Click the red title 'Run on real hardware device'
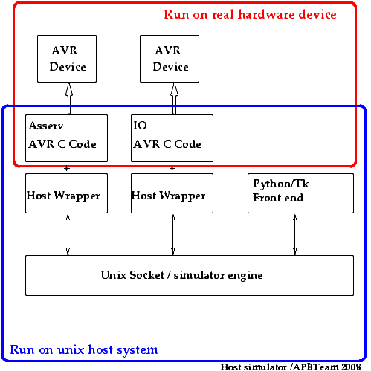[x=250, y=14]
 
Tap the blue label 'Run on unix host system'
[x=84, y=350]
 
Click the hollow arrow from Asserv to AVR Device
[x=69, y=98]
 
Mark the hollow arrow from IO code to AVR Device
[x=174, y=98]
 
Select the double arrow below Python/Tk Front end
[x=295, y=234]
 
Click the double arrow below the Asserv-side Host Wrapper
[x=68, y=234]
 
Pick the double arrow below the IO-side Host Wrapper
[x=173, y=234]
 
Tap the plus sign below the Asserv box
[x=67, y=168]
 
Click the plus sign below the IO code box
[x=172, y=168]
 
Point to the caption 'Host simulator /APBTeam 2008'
[x=290, y=367]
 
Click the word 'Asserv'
[x=46, y=126]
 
